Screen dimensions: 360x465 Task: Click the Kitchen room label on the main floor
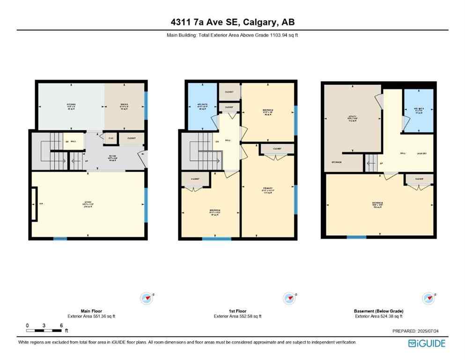point(71,104)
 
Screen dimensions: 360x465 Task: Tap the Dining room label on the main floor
point(124,104)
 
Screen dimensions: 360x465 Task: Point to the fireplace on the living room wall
point(34,204)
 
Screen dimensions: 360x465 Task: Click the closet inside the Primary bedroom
point(276,149)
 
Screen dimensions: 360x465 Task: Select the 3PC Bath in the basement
point(420,111)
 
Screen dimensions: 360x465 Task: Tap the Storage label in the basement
point(336,162)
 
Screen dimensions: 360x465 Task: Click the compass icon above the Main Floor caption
point(148,298)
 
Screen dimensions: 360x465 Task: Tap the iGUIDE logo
point(427,343)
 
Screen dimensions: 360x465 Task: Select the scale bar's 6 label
point(61,325)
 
